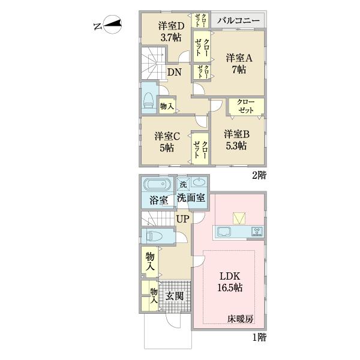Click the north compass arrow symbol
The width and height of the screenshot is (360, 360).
pyautogui.click(x=112, y=25)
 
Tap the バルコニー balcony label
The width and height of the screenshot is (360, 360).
pyautogui.click(x=238, y=20)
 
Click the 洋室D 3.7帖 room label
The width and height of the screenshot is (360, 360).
pyautogui.click(x=171, y=31)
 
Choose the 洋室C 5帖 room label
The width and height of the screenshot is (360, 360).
pyautogui.click(x=164, y=141)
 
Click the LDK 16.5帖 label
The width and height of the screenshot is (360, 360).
pyautogui.click(x=229, y=282)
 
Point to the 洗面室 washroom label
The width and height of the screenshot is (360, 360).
pyautogui.click(x=191, y=198)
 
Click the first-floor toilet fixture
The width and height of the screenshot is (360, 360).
pyautogui.click(x=150, y=236)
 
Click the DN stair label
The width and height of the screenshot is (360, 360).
pyautogui.click(x=175, y=72)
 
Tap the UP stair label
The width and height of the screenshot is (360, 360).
pyautogui.click(x=182, y=219)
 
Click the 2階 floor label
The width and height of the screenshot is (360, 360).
pyautogui.click(x=259, y=176)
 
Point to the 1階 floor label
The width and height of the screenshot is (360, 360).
pyautogui.click(x=259, y=338)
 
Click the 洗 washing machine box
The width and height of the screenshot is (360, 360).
pyautogui.click(x=182, y=184)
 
